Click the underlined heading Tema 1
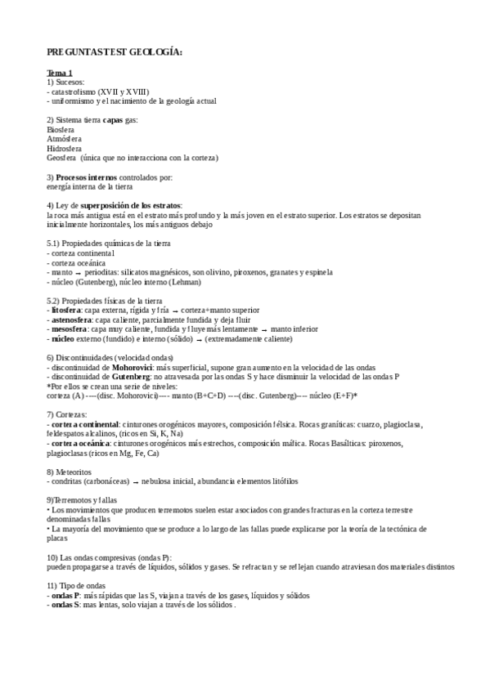(x=60, y=73)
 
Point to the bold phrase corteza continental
(x=85, y=424)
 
